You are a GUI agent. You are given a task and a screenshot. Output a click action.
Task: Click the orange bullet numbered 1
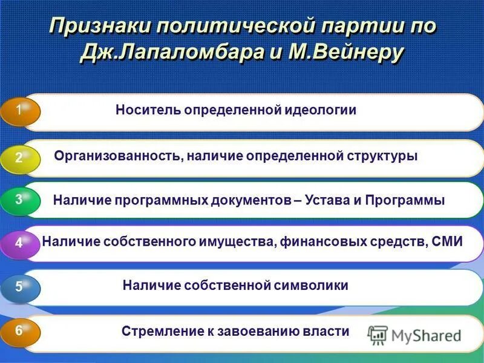click(x=20, y=112)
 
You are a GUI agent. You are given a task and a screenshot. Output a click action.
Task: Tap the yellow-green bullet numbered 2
click(x=20, y=158)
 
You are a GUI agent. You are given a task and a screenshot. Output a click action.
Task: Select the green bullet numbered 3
click(x=20, y=200)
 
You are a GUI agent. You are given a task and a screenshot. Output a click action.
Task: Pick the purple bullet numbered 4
click(x=20, y=243)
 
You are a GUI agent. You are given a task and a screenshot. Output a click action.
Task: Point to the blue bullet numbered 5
click(x=20, y=287)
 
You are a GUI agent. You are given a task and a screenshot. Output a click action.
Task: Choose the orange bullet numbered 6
click(x=20, y=332)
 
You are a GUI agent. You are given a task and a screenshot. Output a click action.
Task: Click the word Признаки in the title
click(x=100, y=27)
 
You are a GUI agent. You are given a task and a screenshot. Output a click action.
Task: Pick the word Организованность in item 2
click(x=117, y=156)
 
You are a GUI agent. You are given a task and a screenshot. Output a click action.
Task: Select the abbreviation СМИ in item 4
click(x=448, y=242)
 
